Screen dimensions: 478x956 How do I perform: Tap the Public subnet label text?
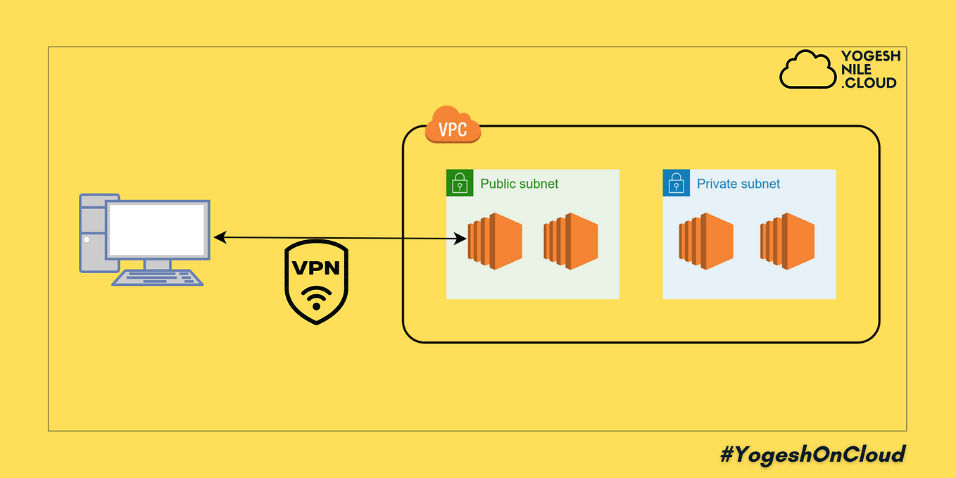519,184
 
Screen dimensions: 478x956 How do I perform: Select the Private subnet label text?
738,184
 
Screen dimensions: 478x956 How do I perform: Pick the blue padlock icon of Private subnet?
676,183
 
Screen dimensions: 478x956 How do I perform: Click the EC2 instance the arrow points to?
496,240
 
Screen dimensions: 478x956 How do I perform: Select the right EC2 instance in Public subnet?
571,240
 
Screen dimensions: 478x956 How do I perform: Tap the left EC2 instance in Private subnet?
706,240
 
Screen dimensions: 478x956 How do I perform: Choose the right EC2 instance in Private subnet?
787,240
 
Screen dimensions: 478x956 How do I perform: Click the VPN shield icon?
316,282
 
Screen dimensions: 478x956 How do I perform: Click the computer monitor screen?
157,229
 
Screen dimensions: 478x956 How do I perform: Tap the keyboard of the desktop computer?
157,277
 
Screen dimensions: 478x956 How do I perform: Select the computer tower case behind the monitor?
90,232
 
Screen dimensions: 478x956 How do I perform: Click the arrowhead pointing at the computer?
218,238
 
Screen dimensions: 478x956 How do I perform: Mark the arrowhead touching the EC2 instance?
463,239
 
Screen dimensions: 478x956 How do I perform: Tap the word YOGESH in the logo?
870,57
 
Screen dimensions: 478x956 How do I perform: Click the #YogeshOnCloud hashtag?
812,454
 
